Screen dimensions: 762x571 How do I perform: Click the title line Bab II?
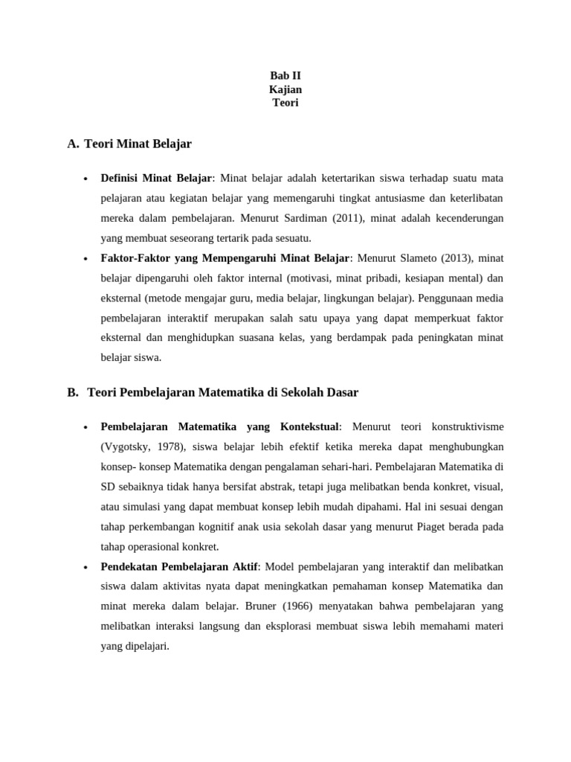[285, 76]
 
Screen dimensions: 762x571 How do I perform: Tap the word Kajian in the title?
[285, 89]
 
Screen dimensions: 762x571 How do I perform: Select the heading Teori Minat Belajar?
[138, 143]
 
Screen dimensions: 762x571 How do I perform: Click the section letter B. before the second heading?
[72, 391]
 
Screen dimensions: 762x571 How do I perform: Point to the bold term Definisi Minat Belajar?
[156, 179]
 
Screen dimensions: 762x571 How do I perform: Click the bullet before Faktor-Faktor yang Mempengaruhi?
[86, 259]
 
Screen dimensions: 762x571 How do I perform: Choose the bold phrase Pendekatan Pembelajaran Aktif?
[178, 567]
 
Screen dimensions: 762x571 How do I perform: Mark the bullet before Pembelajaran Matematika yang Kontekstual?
[86, 427]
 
